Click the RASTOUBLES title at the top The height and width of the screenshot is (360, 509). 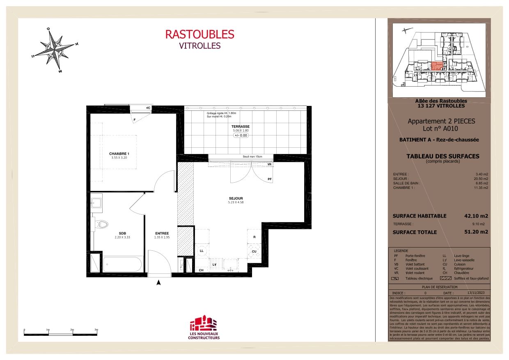coord(199,34)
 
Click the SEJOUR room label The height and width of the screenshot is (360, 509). coord(236,199)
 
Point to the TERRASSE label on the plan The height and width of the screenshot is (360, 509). coord(241,126)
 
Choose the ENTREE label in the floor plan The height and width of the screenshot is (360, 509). coord(162,233)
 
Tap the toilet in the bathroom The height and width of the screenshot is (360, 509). coord(103,224)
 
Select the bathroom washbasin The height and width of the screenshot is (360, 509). coord(97,202)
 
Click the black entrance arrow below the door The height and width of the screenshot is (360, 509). coord(159,282)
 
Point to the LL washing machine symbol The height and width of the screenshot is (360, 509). coord(202,250)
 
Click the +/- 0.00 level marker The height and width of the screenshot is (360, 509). coord(241,135)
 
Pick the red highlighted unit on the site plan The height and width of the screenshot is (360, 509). coord(437,66)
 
